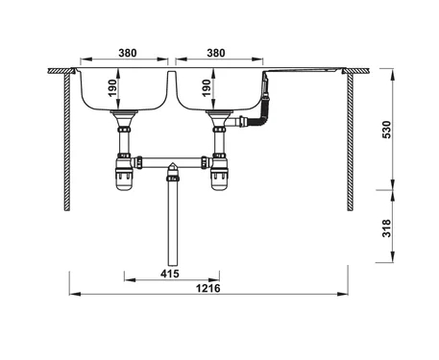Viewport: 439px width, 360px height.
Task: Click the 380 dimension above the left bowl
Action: pos(128,53)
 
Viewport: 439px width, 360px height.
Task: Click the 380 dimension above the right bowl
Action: pos(216,53)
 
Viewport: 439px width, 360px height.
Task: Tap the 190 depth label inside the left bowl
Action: pos(112,88)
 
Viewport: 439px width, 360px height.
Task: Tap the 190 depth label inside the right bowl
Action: pos(207,88)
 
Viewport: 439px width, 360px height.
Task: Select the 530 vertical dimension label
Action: pos(387,130)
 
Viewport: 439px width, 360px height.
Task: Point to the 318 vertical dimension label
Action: pos(387,228)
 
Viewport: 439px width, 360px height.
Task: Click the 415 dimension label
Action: pos(170,274)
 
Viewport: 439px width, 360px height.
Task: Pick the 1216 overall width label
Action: pos(208,288)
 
